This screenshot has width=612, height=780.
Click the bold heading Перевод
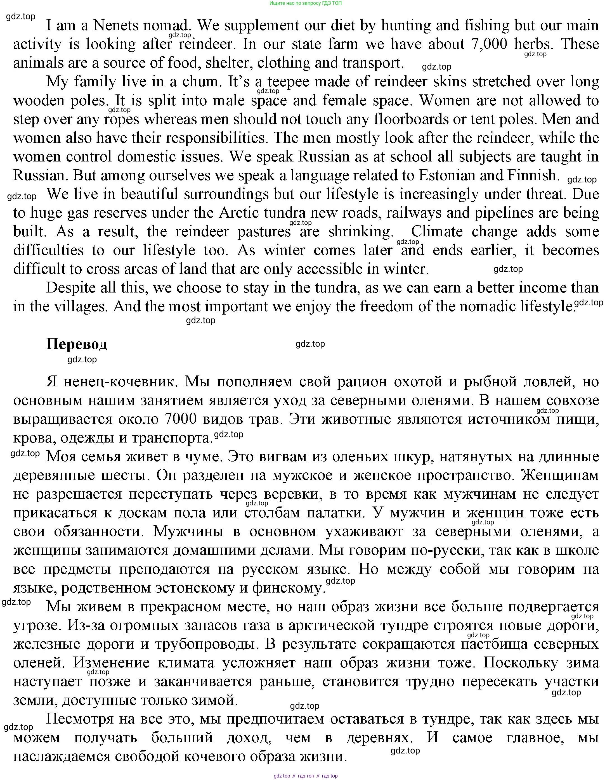[77, 344]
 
